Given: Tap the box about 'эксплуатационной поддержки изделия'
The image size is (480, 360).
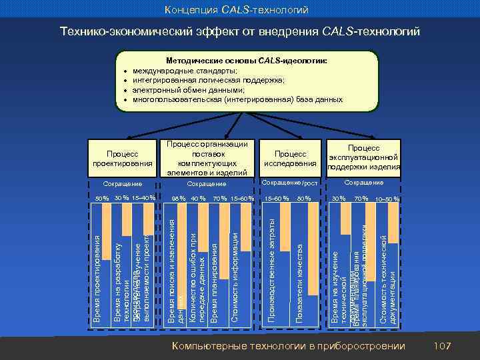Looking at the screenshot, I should [x=364, y=157].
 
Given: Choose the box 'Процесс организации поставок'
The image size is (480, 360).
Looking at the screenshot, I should [x=207, y=157].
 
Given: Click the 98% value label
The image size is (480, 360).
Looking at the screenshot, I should [x=178, y=198].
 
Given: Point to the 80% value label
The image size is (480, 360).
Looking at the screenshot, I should [x=304, y=198].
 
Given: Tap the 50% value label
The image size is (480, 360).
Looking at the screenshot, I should [x=101, y=198].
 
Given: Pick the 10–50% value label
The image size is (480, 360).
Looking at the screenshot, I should [x=387, y=198].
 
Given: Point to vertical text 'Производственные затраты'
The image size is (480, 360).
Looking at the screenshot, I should [x=271, y=280].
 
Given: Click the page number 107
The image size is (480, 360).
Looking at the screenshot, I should [x=442, y=345].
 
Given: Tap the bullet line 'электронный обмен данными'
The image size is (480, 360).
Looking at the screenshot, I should [x=188, y=89].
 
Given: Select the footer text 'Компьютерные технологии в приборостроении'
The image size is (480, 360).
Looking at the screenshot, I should [x=288, y=345].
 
